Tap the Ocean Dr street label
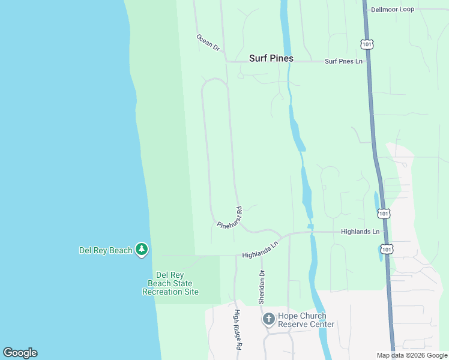click(208, 42)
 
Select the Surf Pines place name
click(271, 59)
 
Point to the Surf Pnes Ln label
click(344, 61)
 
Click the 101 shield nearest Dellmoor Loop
click(367, 44)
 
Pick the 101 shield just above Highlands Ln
click(384, 214)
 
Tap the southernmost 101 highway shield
click(388, 249)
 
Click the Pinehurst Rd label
click(229, 217)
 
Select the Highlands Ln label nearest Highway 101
click(360, 232)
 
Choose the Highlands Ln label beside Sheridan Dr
click(261, 250)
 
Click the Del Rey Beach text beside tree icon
click(106, 250)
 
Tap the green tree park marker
click(142, 250)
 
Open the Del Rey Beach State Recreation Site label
click(170, 283)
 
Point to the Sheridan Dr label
click(262, 287)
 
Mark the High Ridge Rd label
click(238, 330)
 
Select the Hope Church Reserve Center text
click(306, 320)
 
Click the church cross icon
click(268, 319)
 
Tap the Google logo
click(20, 353)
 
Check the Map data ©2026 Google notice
click(412, 355)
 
